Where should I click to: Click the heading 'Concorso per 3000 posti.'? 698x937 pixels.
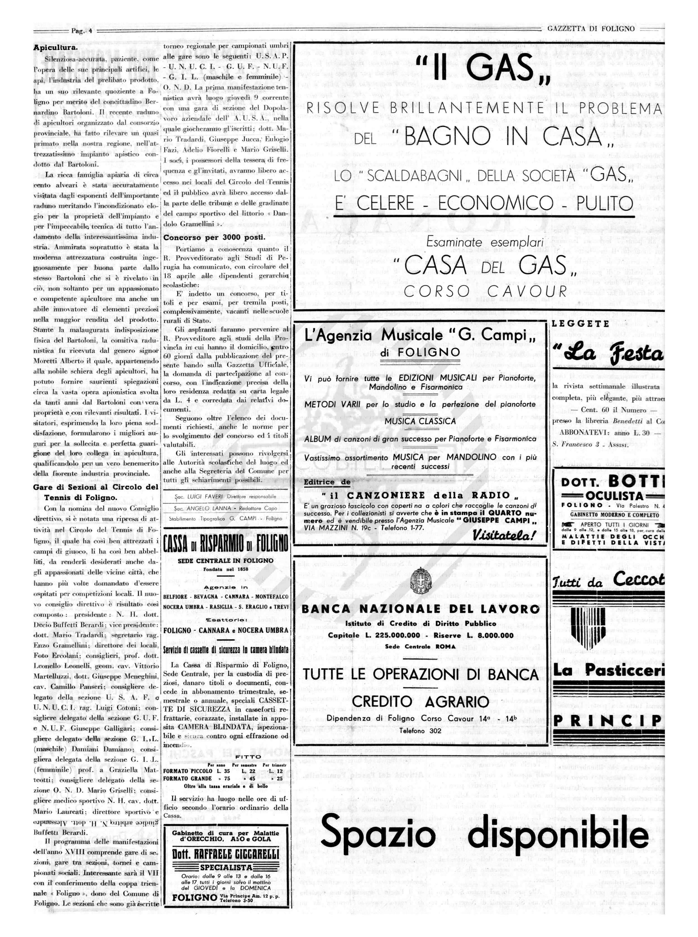pyautogui.click(x=215, y=237)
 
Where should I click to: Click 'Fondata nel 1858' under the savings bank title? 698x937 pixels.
pyautogui.click(x=226, y=569)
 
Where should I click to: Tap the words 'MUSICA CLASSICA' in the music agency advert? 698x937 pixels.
pyautogui.click(x=420, y=421)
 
